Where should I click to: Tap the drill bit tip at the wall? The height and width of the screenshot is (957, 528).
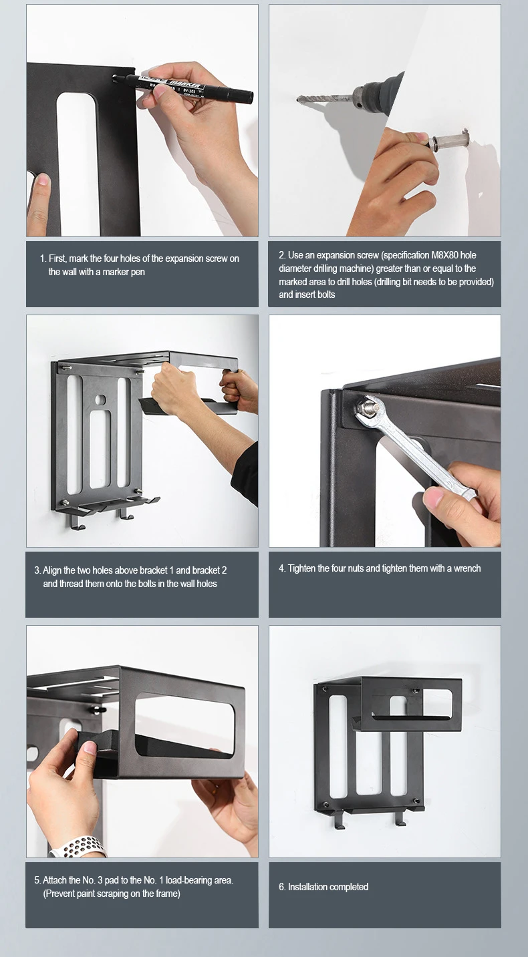298,99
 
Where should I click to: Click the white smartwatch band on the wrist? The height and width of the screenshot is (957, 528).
79,847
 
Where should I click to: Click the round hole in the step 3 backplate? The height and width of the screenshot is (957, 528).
100,400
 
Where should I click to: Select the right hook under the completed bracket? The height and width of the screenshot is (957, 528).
399,818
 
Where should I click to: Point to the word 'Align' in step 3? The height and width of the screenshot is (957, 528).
52,571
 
